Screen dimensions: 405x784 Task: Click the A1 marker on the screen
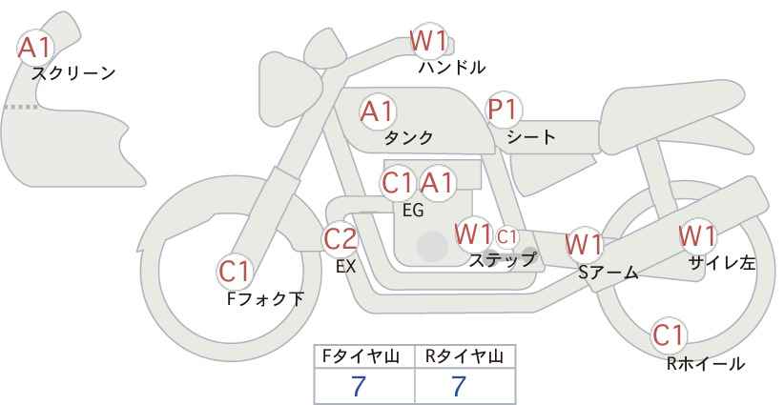coord(36,47)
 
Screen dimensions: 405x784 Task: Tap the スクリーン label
coord(73,72)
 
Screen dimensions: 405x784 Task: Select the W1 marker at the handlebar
coord(428,41)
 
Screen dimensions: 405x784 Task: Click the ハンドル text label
coord(452,68)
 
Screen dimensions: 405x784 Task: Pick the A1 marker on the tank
coord(378,111)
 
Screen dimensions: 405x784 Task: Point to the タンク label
coord(408,137)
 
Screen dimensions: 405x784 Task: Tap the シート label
coord(531,137)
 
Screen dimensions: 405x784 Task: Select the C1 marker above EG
coord(398,182)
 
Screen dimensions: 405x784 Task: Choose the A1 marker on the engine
coord(438,182)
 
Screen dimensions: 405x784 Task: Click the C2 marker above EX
coord(340,238)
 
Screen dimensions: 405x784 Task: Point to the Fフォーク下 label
coord(265,299)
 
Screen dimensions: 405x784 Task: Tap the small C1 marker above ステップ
coord(506,235)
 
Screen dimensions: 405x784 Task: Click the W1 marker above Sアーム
coord(583,244)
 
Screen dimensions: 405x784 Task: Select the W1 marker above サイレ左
coord(697,234)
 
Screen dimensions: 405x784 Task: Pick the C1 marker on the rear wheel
coord(669,335)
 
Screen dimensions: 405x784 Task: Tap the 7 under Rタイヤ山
coord(459,386)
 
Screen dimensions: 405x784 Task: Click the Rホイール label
coord(705,363)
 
